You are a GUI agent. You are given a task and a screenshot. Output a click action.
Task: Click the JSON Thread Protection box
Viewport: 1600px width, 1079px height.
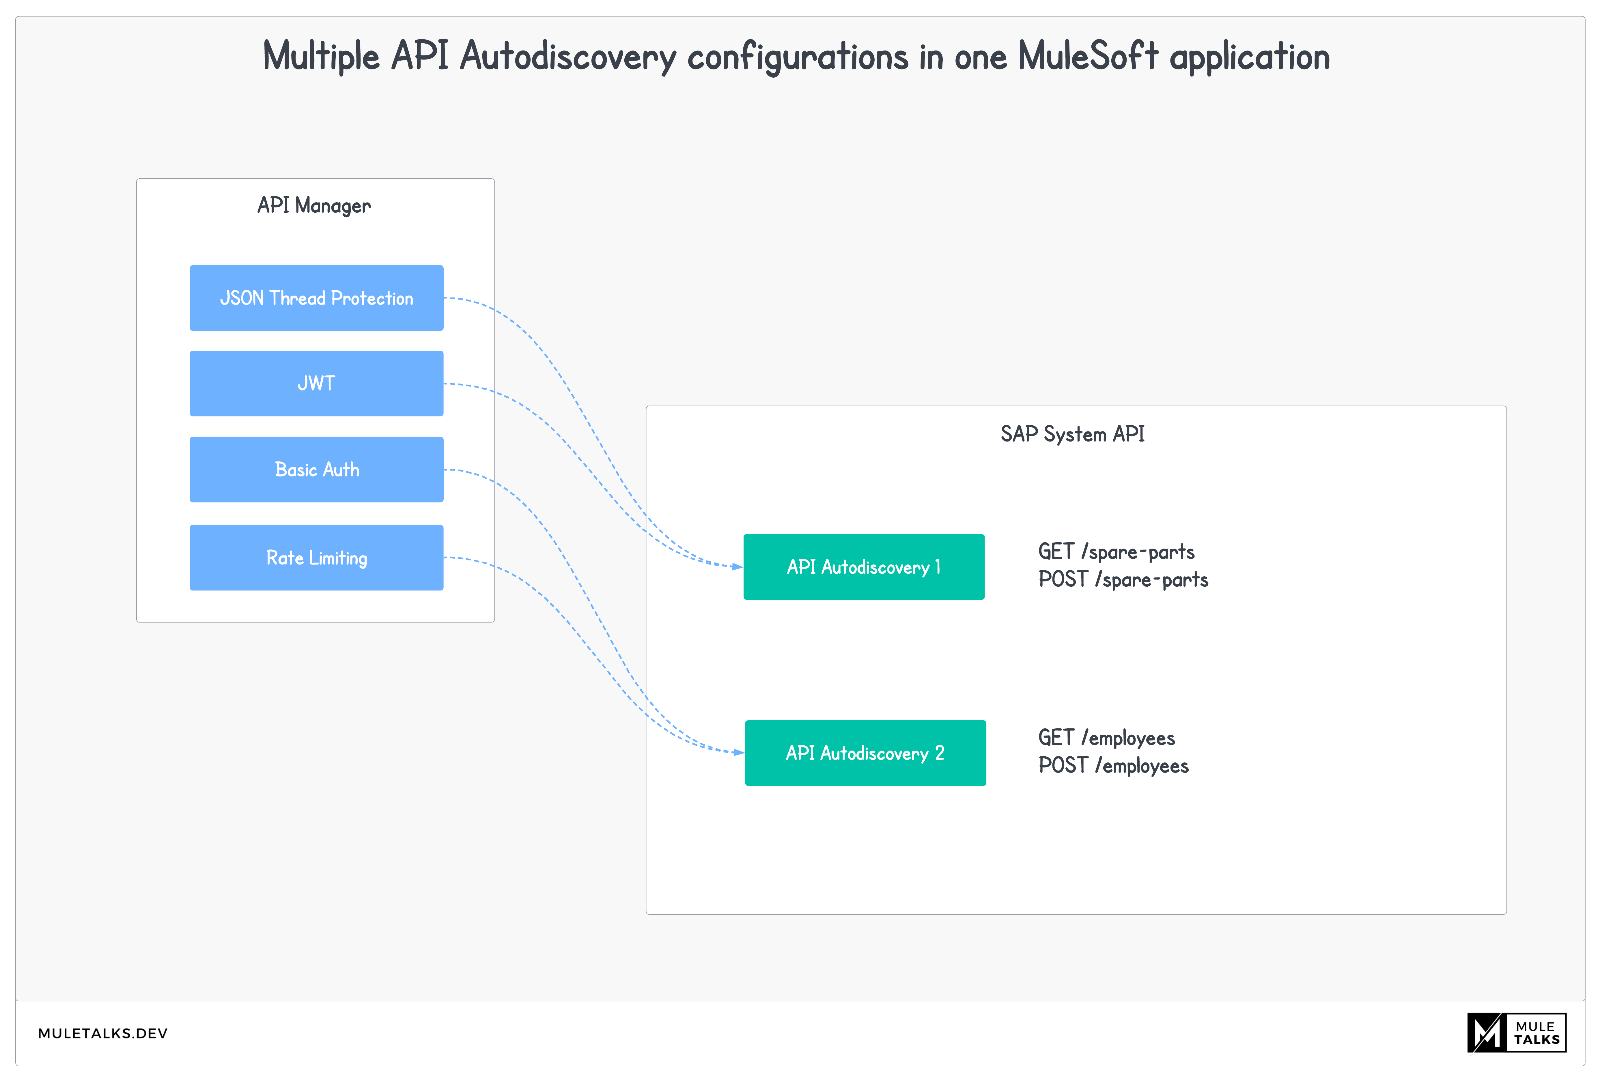point(317,298)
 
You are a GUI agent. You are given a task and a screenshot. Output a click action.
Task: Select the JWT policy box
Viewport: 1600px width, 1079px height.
point(317,383)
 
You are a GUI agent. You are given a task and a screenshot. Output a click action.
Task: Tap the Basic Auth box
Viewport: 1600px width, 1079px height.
point(317,469)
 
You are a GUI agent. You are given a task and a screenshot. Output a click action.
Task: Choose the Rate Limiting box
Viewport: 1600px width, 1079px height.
point(317,557)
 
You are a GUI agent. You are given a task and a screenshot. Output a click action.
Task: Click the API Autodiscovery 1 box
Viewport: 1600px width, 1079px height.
point(864,567)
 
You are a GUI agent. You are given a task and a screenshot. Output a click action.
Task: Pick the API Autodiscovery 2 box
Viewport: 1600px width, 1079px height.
point(865,753)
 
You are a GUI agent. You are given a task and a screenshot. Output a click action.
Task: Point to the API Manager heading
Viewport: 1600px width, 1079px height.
point(314,205)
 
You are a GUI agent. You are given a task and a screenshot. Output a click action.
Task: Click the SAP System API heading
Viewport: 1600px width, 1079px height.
point(1072,434)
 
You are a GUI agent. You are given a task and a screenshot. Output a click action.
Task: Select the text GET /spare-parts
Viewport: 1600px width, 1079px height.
point(1116,552)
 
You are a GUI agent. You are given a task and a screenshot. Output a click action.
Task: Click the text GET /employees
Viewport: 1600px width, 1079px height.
point(1106,738)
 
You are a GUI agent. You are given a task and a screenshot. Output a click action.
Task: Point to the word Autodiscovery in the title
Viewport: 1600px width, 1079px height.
point(568,57)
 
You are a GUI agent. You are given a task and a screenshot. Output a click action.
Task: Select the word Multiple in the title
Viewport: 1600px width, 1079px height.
point(321,57)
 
